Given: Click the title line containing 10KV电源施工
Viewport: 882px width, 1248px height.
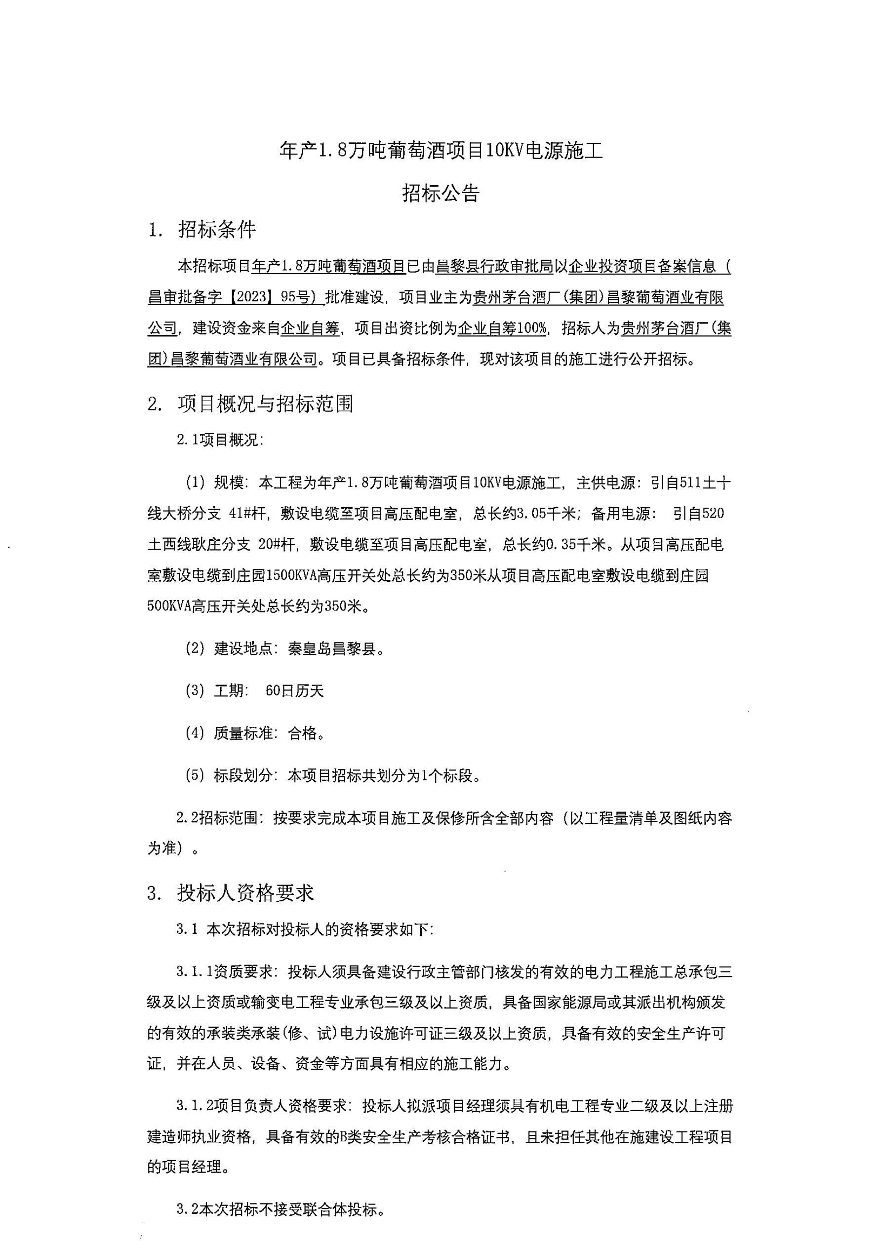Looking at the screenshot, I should pos(441,151).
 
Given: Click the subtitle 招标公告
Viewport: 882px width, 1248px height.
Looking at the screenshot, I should pos(441,193).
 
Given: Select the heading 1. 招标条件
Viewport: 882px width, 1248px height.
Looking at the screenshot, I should pos(201,231).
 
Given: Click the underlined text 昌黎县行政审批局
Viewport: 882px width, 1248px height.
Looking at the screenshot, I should pos(494,266).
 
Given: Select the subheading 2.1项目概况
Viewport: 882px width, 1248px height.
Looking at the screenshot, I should pos(220,440).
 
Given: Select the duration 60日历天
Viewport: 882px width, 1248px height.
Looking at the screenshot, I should pos(294,691).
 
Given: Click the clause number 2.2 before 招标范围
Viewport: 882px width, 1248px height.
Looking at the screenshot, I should pos(187,818).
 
